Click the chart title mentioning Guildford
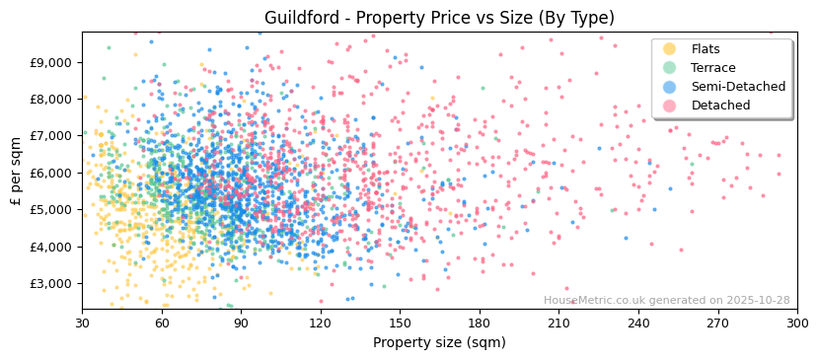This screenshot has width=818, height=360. pyautogui.click(x=439, y=18)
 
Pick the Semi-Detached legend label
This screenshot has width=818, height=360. pyautogui.click(x=738, y=87)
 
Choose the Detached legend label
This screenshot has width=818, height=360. pyautogui.click(x=720, y=106)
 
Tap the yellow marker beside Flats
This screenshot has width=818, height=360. pyautogui.click(x=670, y=49)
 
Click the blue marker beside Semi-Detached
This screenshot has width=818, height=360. pyautogui.click(x=670, y=87)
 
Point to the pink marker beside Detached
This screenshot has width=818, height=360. pyautogui.click(x=670, y=106)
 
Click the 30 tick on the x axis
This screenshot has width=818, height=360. pyautogui.click(x=82, y=323)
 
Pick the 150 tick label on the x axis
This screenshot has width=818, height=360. pyautogui.click(x=400, y=323)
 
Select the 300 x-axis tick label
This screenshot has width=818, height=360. pyautogui.click(x=797, y=323)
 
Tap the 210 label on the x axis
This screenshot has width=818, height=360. pyautogui.click(x=558, y=323)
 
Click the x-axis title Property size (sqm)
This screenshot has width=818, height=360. pyautogui.click(x=439, y=342)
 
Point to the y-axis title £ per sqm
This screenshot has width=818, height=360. pyautogui.click(x=16, y=172)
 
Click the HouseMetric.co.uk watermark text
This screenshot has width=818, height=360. pyautogui.click(x=666, y=301)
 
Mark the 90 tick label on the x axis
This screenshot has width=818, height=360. pyautogui.click(x=241, y=323)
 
